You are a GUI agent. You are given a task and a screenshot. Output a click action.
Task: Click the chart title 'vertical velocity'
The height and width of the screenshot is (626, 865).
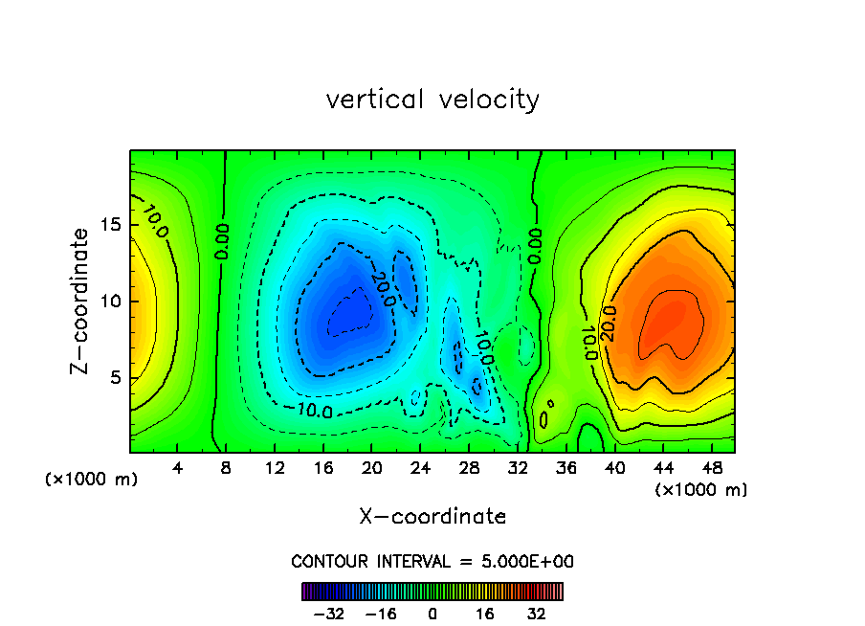(432, 99)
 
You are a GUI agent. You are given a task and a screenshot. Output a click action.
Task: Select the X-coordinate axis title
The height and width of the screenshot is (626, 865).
(432, 517)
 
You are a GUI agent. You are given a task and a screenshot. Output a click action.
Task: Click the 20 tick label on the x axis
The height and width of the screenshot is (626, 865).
(371, 468)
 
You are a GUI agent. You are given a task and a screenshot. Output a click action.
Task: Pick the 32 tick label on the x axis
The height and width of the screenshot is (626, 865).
(517, 468)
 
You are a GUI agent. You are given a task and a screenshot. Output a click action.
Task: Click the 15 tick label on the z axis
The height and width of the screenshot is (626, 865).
(110, 225)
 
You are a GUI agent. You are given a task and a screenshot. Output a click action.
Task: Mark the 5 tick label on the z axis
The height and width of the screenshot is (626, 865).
(115, 377)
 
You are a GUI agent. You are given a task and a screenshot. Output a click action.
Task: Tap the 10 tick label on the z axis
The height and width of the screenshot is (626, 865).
(110, 302)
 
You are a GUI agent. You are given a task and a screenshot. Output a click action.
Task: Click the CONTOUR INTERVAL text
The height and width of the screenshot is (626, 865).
(432, 561)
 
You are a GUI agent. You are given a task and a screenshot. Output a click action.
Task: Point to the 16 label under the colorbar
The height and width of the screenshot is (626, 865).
(485, 614)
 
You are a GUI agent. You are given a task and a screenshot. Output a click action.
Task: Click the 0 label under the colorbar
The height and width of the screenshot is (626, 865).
(432, 614)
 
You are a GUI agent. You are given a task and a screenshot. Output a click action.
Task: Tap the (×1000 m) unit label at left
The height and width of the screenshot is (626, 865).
(91, 480)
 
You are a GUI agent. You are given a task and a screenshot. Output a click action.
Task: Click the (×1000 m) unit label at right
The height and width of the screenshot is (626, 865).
(700, 490)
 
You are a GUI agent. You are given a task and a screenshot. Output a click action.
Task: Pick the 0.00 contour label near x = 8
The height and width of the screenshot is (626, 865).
(222, 242)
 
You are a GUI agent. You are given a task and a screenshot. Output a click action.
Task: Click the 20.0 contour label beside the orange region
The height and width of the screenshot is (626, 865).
(609, 323)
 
